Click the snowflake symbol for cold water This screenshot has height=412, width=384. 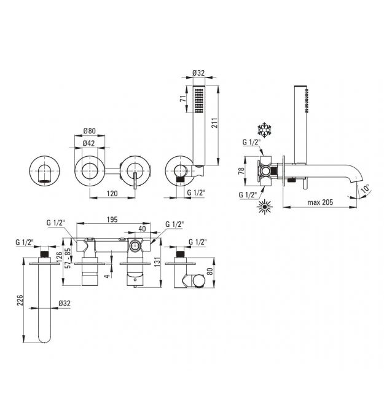pyautogui.click(x=264, y=130)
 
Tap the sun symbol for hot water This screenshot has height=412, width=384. pyautogui.click(x=264, y=207)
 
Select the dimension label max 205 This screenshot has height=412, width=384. pyautogui.click(x=320, y=202)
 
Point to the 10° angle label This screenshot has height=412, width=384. pyautogui.click(x=365, y=189)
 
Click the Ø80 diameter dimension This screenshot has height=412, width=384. pyautogui.click(x=90, y=130)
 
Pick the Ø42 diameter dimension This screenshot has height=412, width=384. pyautogui.click(x=88, y=143)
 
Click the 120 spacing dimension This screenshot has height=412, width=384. pyautogui.click(x=112, y=193)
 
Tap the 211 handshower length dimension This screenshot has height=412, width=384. pyautogui.click(x=214, y=123)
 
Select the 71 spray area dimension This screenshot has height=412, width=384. pyautogui.click(x=183, y=98)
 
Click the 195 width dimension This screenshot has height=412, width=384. pyautogui.click(x=112, y=220)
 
